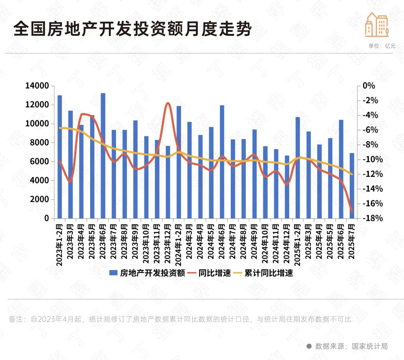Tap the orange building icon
[x=377, y=25]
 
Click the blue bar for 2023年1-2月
[x=59, y=157]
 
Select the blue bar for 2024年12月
[x=287, y=187]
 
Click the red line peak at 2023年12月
[x=168, y=103]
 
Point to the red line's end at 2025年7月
[x=352, y=212]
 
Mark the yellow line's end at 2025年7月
[x=352, y=174]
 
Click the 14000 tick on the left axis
[x=37, y=86]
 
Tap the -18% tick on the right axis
[x=373, y=218]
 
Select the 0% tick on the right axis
[x=368, y=86]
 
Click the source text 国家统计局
[x=370, y=346]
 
